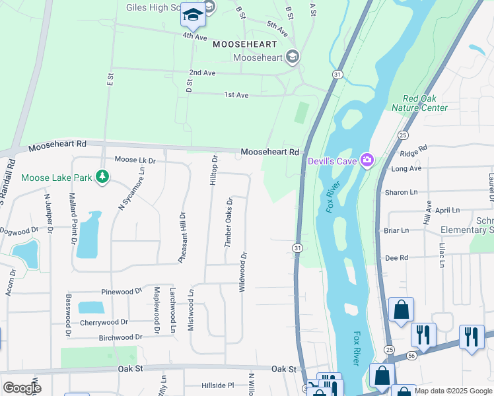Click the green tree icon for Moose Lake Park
point(102,177)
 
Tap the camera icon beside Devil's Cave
point(367,160)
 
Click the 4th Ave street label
point(195,36)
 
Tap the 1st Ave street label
point(236,95)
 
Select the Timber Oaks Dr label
point(229,222)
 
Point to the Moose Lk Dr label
point(135,160)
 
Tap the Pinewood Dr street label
point(122,291)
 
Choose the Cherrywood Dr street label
point(104,322)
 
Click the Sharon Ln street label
point(401,193)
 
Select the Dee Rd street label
point(396,258)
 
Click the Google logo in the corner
point(22,387)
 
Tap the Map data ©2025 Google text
point(453,391)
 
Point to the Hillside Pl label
point(209,385)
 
